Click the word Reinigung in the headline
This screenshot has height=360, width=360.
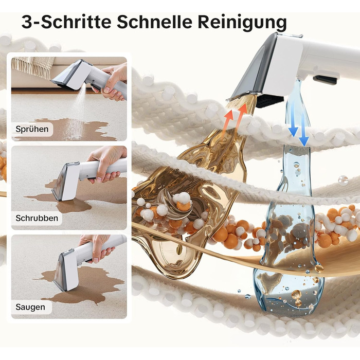click(242, 22)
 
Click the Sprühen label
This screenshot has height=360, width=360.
click(32, 129)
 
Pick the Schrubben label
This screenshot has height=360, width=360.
click(37, 218)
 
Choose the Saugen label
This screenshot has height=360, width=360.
click(30, 307)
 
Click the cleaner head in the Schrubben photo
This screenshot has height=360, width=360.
click(66, 182)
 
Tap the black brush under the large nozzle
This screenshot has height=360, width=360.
click(269, 101)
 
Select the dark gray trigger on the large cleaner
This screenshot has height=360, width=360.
click(326, 79)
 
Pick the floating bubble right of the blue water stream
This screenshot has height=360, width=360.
click(343, 180)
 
